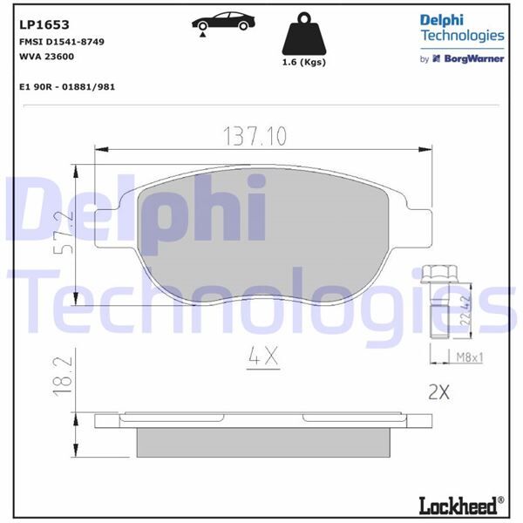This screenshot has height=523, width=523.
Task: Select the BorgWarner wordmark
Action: pyautogui.click(x=468, y=58)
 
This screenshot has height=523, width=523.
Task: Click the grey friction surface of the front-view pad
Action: pyautogui.click(x=261, y=235)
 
